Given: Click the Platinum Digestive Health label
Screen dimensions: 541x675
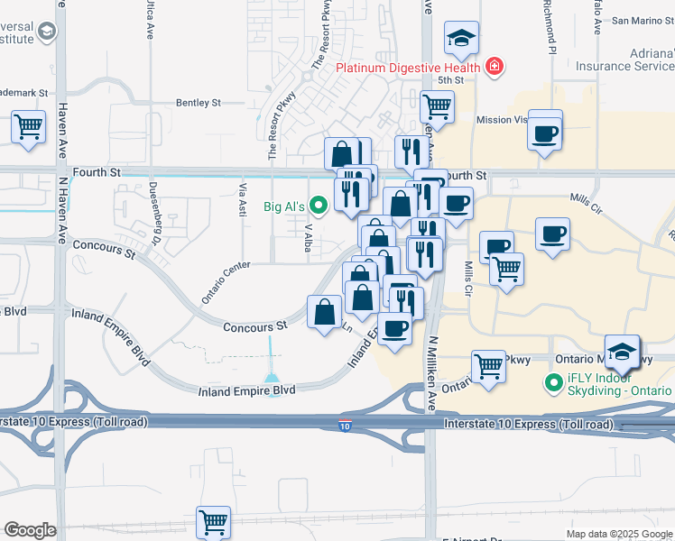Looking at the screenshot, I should pyautogui.click(x=408, y=67).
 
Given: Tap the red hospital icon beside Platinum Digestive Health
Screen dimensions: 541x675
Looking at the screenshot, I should pyautogui.click(x=494, y=66).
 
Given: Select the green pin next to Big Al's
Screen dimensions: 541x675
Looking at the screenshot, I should pyautogui.click(x=317, y=206).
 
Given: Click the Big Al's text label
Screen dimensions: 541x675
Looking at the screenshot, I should pyautogui.click(x=283, y=206).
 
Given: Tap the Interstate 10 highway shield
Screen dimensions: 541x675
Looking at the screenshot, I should pyautogui.click(x=346, y=425).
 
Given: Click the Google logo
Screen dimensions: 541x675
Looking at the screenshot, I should pyautogui.click(x=30, y=530).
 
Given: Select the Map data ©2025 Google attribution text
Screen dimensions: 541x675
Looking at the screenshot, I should pyautogui.click(x=619, y=534).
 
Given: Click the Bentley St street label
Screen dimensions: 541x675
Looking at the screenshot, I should pyautogui.click(x=199, y=104).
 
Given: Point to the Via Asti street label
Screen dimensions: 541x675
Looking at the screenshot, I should pyautogui.click(x=242, y=200).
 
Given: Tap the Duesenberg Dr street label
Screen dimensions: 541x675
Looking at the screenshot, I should pyautogui.click(x=154, y=223).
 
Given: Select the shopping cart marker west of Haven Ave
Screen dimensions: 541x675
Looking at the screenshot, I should pyautogui.click(x=29, y=126).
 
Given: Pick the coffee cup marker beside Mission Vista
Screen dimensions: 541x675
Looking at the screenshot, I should pyautogui.click(x=545, y=133).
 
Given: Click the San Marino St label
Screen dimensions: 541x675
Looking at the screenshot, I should pyautogui.click(x=644, y=20).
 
